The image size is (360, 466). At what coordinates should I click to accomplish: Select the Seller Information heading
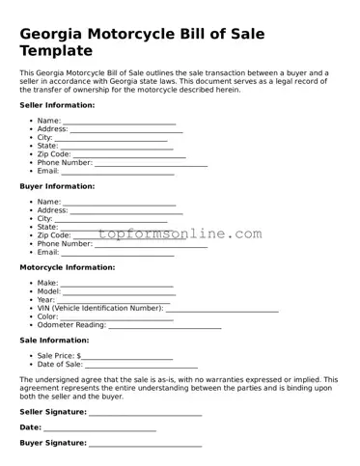coord(57,104)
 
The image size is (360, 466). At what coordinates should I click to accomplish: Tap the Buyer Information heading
coord(57,185)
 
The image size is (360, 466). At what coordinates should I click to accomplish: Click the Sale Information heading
coord(54,340)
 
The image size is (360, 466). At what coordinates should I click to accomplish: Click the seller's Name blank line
coord(120,123)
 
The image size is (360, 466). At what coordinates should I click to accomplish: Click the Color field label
coord(47,316)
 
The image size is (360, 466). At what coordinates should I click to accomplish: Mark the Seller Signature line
coord(145,414)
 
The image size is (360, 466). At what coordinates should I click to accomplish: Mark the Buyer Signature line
coord(145,445)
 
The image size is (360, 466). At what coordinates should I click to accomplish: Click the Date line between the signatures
coord(99,429)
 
